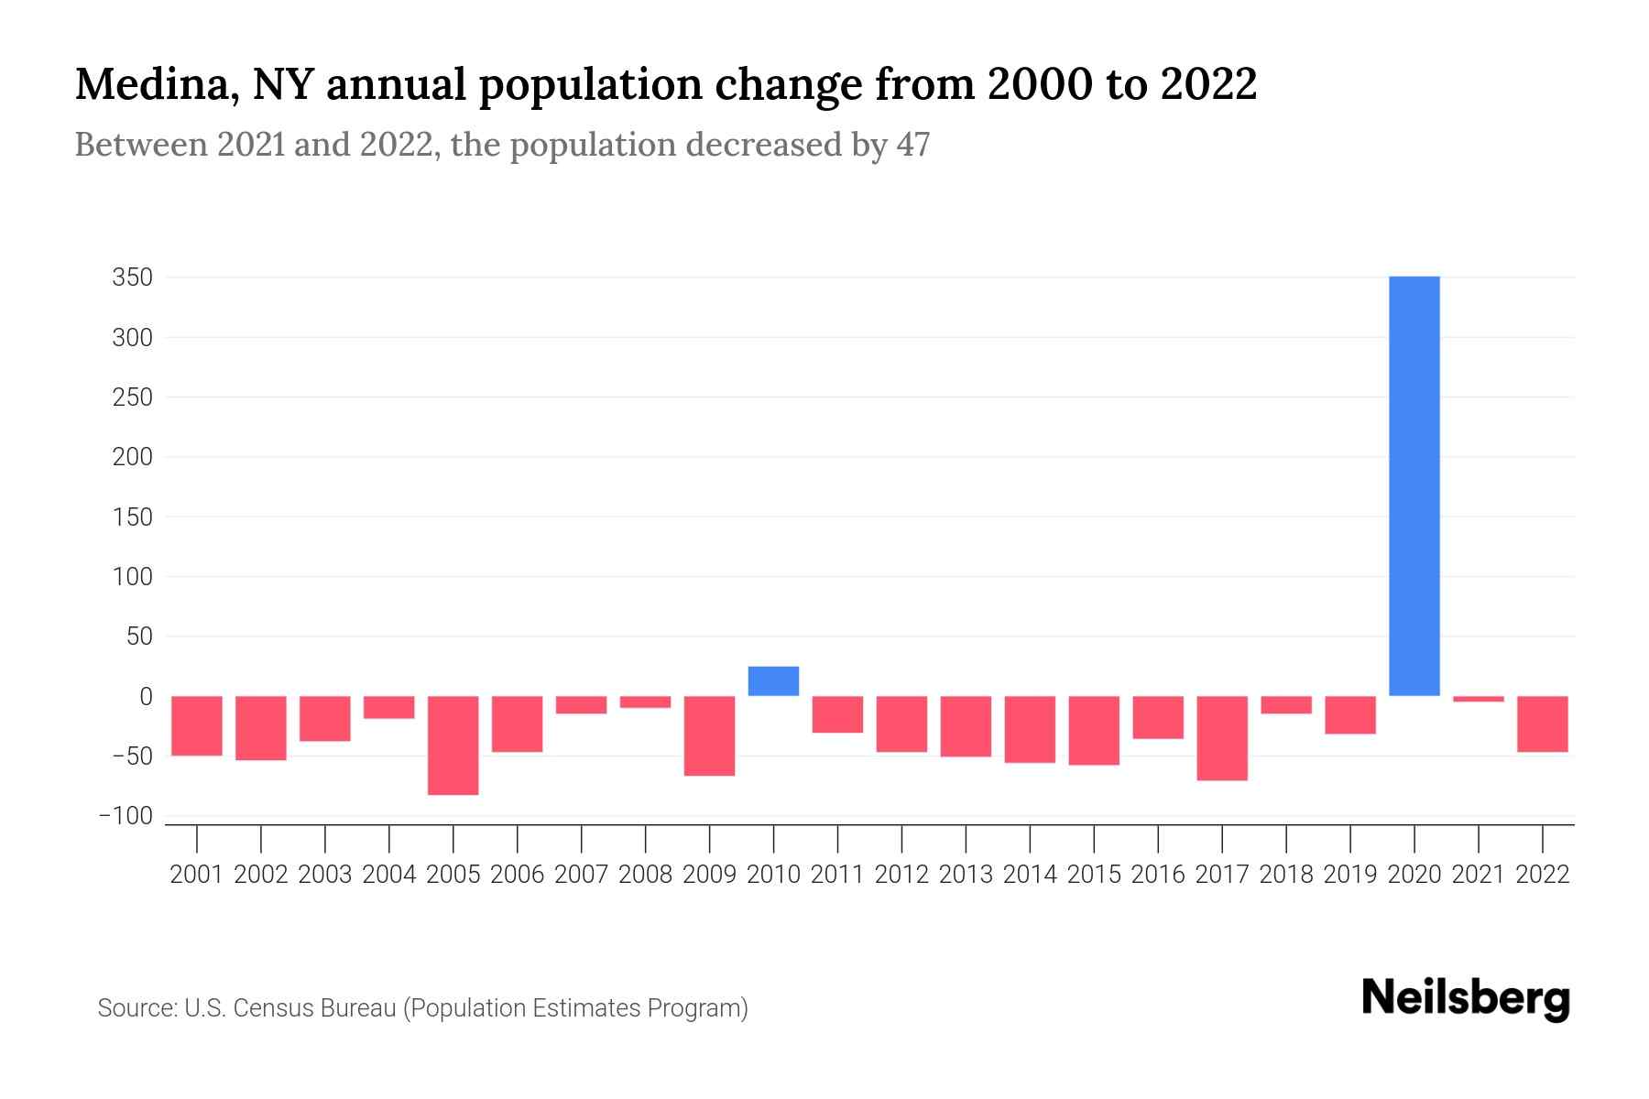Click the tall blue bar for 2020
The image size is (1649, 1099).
[x=1414, y=485]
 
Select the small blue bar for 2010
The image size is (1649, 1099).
[x=773, y=681]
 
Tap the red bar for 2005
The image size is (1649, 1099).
[x=453, y=745]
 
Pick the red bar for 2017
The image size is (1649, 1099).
[x=1222, y=738]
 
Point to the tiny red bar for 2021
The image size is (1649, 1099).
[x=1478, y=700]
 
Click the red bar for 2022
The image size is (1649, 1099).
[x=1542, y=724]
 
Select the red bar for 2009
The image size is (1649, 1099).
[x=709, y=735]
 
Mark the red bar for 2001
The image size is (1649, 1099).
[x=197, y=725]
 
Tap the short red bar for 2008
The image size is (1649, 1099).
[x=645, y=702]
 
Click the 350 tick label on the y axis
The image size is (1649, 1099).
[x=132, y=277]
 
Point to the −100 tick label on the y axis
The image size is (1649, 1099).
[x=126, y=816]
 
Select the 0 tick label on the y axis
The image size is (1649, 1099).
[x=146, y=696]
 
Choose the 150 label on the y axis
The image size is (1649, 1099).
[x=132, y=517]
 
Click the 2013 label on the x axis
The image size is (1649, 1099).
[x=966, y=875]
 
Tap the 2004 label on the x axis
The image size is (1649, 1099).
[x=389, y=875]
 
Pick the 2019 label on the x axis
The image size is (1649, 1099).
[x=1349, y=875]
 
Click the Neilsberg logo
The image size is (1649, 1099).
[x=1466, y=999]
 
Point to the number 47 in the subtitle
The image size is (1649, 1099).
[x=913, y=145]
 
